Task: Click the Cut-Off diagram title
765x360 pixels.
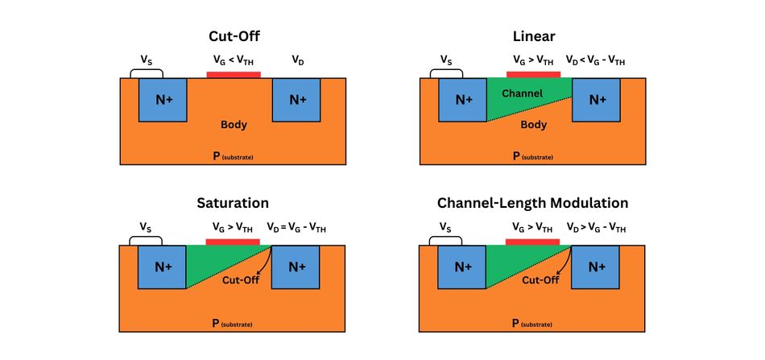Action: tap(233, 36)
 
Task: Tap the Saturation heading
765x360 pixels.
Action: tap(233, 203)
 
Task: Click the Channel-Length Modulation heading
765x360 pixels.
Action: tap(532, 203)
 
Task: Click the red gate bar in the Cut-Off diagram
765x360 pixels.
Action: tap(234, 75)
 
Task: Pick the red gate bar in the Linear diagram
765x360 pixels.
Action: tap(533, 74)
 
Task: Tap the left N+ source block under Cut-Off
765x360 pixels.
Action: tap(163, 100)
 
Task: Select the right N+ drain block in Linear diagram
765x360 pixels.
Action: tap(597, 100)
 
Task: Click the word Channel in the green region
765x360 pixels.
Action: tap(522, 93)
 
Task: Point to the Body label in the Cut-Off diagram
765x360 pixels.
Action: tap(234, 125)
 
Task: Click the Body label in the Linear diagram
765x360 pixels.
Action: tap(533, 125)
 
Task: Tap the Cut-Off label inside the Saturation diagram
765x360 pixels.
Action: tap(239, 281)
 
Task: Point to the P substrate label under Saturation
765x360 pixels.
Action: tap(233, 323)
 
